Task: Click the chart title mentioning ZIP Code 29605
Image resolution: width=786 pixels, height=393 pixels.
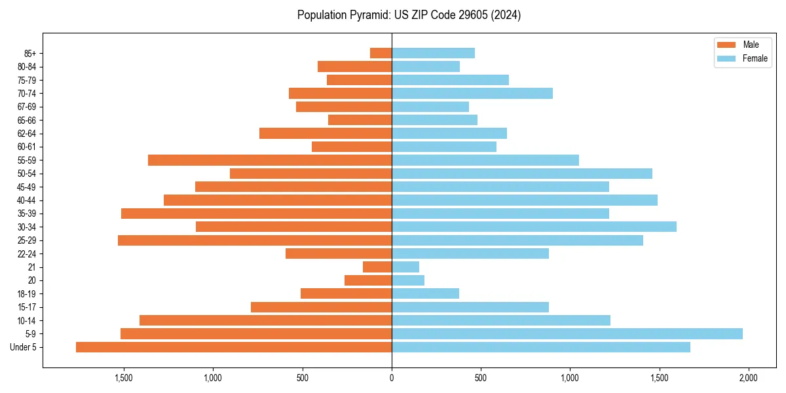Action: [409, 15]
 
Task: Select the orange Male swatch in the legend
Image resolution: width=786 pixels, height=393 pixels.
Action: [726, 45]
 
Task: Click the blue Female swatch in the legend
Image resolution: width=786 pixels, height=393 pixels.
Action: [726, 58]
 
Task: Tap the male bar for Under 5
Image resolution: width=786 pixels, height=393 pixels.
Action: [234, 347]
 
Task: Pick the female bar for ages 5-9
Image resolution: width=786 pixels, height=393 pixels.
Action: [567, 333]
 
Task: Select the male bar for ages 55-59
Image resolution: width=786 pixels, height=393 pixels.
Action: [270, 160]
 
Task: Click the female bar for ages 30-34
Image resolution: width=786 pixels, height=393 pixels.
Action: [534, 227]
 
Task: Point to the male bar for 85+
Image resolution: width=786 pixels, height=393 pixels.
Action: [381, 53]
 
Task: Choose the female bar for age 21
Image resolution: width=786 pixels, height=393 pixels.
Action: [405, 267]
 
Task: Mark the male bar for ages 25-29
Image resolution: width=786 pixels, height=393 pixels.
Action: [255, 240]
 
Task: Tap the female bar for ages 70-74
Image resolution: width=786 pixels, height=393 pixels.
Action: [472, 93]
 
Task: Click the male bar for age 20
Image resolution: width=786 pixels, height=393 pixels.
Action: [368, 280]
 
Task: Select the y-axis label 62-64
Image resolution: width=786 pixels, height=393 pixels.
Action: [27, 134]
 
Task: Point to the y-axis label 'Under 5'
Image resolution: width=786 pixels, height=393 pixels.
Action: [24, 347]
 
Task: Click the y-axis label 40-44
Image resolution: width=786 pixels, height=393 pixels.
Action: [27, 200]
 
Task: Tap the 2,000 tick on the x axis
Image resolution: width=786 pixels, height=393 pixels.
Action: [748, 378]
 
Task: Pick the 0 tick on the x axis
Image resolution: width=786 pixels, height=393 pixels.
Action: [392, 378]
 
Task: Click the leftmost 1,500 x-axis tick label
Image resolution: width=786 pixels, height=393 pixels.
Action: [124, 378]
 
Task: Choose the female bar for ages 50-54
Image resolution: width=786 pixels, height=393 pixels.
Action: [522, 174]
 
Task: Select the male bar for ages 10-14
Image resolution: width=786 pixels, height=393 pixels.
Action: [265, 320]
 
